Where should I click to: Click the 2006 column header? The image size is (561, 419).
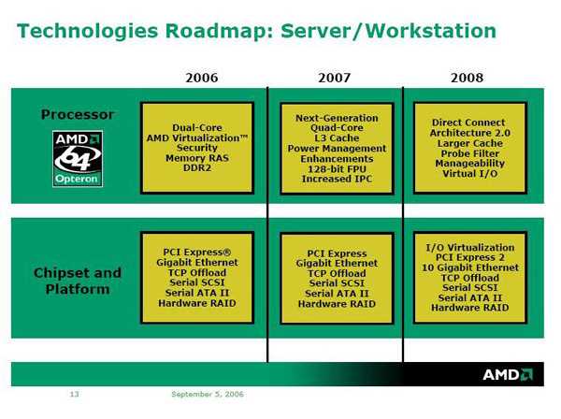point(201,78)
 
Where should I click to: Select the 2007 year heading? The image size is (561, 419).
point(334,78)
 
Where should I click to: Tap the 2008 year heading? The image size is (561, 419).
point(467,78)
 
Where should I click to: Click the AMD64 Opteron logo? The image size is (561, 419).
point(78,158)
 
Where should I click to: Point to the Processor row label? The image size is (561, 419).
point(78,114)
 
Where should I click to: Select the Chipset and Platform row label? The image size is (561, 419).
point(78,281)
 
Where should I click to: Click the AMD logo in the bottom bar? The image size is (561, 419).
point(508,374)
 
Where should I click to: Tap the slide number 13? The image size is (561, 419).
point(74,394)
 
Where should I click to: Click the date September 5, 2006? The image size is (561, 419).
point(208,394)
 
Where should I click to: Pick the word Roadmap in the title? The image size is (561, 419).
point(219,31)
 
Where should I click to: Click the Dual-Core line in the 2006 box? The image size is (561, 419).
point(197,128)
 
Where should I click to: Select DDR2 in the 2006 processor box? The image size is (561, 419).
point(197,167)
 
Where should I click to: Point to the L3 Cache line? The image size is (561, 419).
point(337,138)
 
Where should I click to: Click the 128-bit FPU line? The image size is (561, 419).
point(337,169)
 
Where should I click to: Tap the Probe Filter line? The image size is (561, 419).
point(469,153)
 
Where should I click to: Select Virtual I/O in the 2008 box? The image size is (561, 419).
point(469,174)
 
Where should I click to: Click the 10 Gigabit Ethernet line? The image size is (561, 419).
point(469,267)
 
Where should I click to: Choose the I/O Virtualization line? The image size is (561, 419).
point(469,248)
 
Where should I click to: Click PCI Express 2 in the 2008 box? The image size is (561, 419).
point(469,257)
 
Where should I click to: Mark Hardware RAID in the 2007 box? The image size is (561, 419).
point(337,304)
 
